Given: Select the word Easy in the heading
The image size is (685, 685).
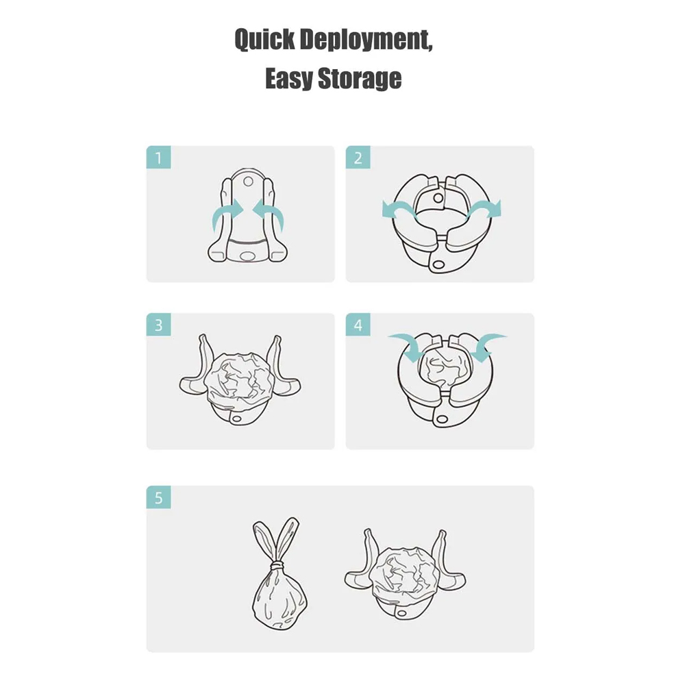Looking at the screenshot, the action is pos(288,79).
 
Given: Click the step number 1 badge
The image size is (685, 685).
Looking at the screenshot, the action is pos(159,158).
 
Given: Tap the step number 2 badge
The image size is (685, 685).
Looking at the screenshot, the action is pos(358,158).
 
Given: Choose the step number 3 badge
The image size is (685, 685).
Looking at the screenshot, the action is pos(159,325).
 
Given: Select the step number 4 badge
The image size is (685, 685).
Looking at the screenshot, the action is pos(358,325).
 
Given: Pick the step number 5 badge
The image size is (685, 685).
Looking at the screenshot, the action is pos(159,497).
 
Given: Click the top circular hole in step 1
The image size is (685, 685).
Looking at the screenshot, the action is pos(248,181).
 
